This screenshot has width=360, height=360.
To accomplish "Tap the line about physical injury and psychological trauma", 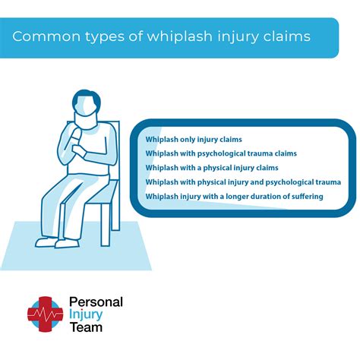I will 243,182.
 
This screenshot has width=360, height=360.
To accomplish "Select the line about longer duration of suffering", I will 234,197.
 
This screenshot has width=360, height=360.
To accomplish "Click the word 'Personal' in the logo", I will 96,302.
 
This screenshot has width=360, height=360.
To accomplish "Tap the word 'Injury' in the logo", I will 87,315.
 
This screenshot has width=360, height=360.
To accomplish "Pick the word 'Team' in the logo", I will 86,329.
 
